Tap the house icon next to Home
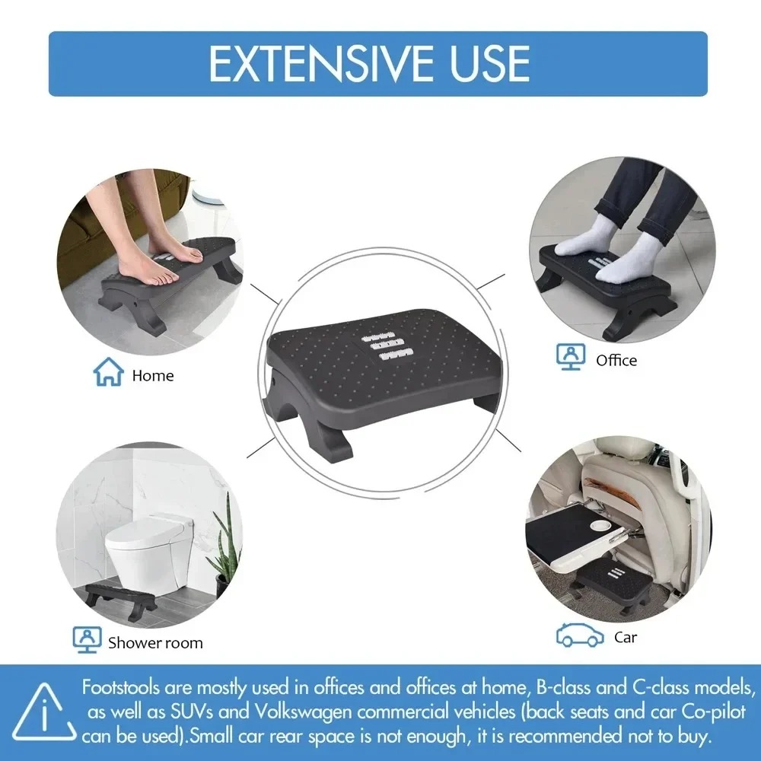tap(108, 373)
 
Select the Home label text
tap(152, 375)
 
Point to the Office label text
tap(616, 360)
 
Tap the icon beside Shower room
tap(88, 640)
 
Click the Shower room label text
tap(155, 643)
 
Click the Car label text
tap(626, 637)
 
